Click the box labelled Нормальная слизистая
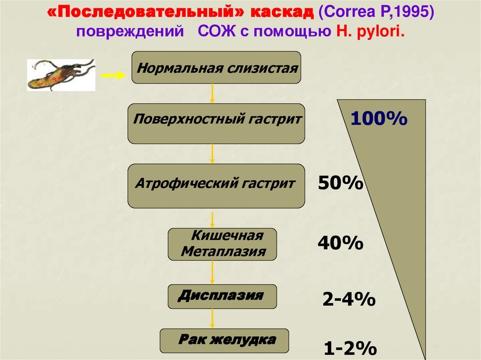[x=217, y=68]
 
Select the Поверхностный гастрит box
[x=216, y=123]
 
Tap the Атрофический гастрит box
[x=216, y=185]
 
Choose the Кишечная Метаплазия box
[x=222, y=244]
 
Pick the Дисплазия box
[x=222, y=297]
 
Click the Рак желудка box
[x=224, y=340]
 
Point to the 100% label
[x=379, y=119]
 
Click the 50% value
[x=341, y=183]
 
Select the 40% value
[x=340, y=243]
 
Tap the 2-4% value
[x=349, y=299]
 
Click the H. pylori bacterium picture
[x=61, y=75]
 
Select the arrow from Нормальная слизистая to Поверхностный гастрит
[x=213, y=93]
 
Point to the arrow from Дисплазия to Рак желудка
[x=213, y=319]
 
